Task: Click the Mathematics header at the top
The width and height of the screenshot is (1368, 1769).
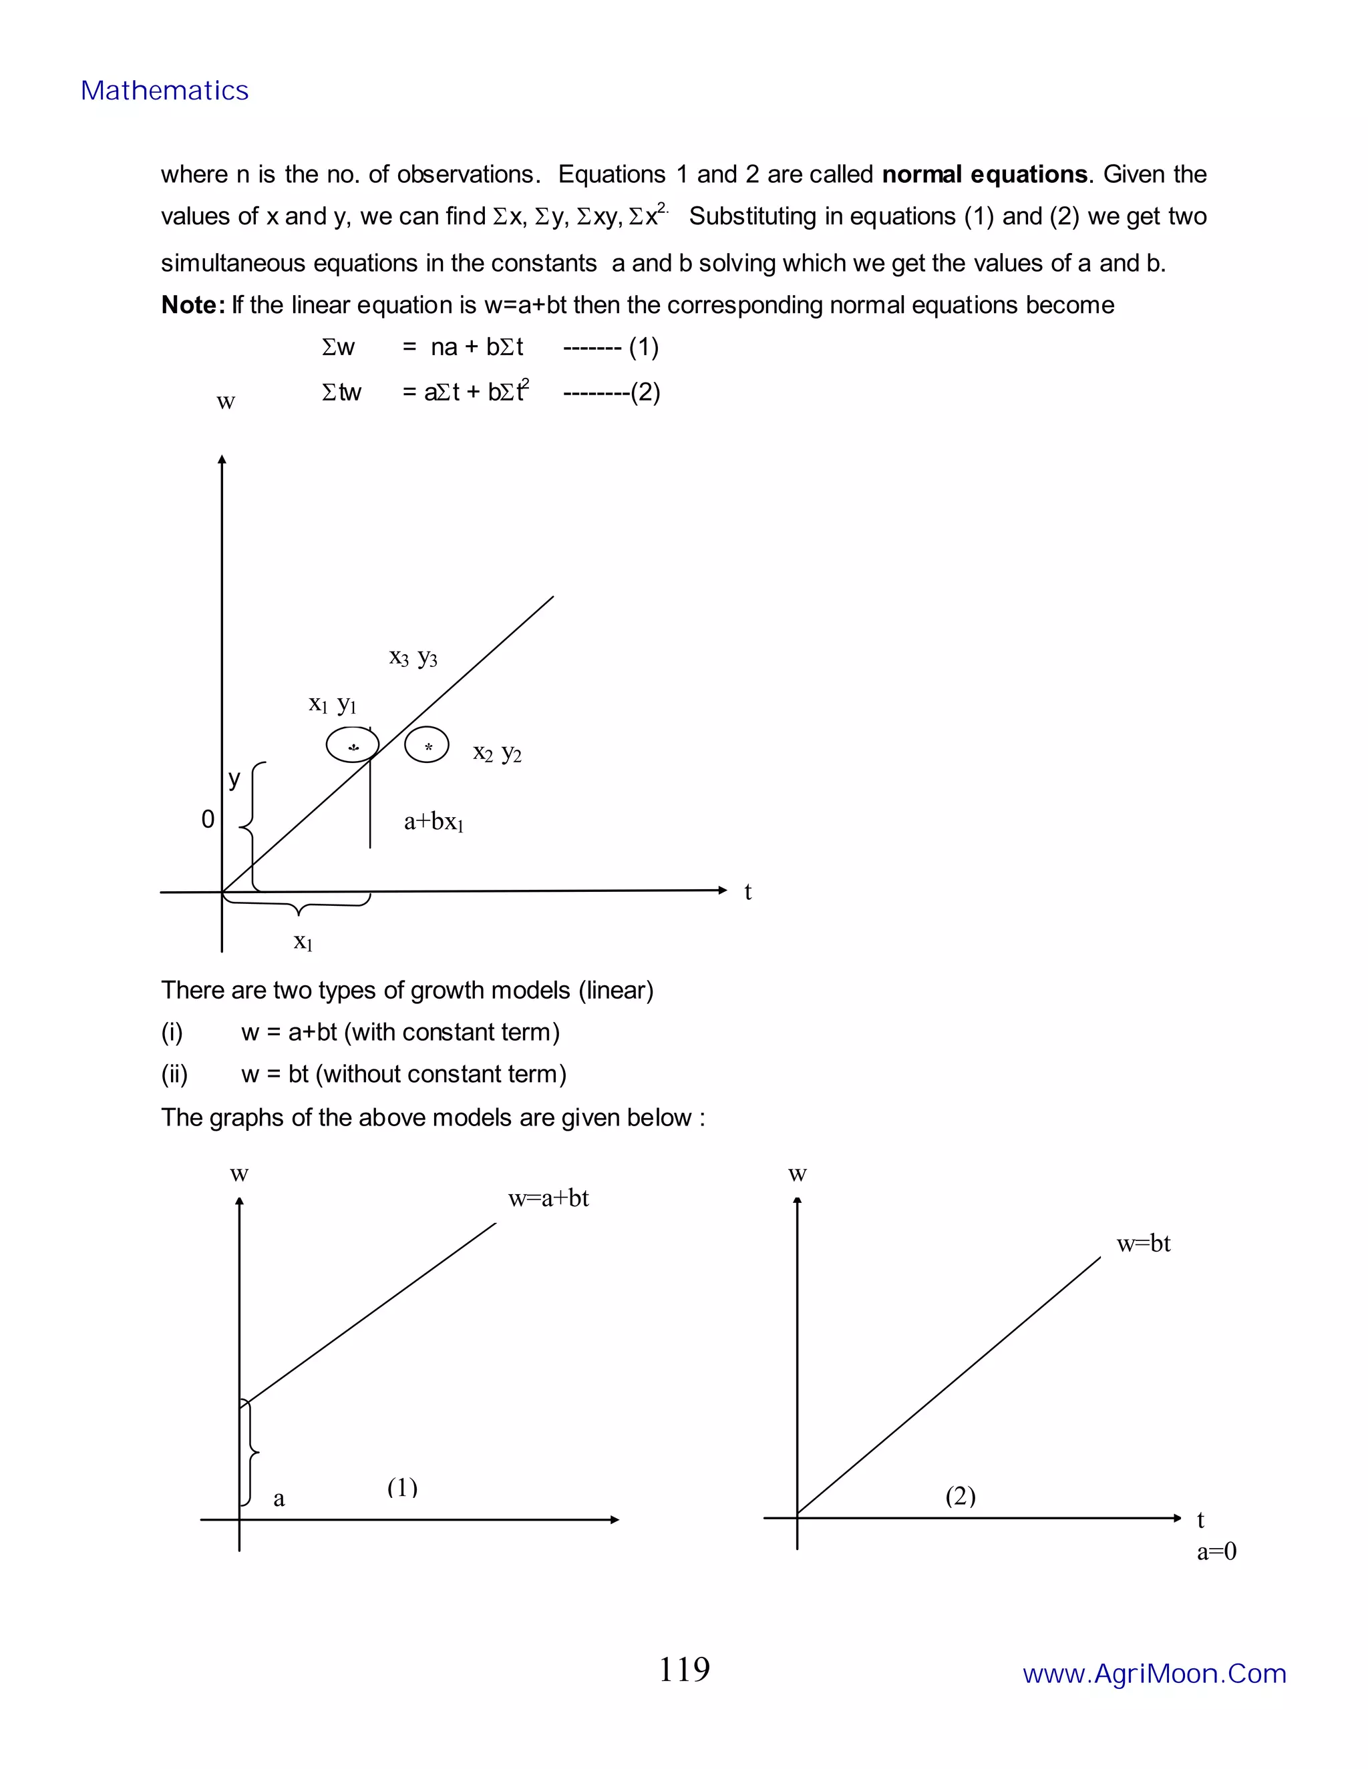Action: click(x=164, y=91)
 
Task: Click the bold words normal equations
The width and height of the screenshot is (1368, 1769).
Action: click(x=984, y=174)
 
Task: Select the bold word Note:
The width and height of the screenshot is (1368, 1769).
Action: click(x=193, y=305)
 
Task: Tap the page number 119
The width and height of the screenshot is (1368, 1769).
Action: click(x=683, y=1670)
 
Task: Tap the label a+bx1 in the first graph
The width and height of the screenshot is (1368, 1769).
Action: click(x=434, y=822)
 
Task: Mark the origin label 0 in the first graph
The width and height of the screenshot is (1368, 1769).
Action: click(x=208, y=820)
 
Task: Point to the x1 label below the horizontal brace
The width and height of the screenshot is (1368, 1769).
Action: click(x=303, y=942)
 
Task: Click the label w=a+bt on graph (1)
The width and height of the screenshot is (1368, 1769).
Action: click(x=548, y=1199)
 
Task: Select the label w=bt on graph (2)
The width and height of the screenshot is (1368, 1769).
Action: click(x=1143, y=1244)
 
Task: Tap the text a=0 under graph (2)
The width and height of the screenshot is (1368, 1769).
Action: click(x=1216, y=1552)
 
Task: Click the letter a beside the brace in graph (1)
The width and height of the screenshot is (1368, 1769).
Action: click(x=279, y=1499)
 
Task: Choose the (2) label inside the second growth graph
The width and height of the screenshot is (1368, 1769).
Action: click(x=960, y=1496)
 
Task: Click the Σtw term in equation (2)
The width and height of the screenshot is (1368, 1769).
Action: click(x=341, y=393)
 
